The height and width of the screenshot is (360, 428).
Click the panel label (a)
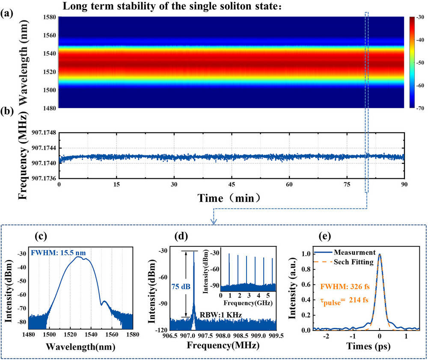coord(7,13)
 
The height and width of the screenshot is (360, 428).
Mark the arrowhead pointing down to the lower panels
coord(214,221)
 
